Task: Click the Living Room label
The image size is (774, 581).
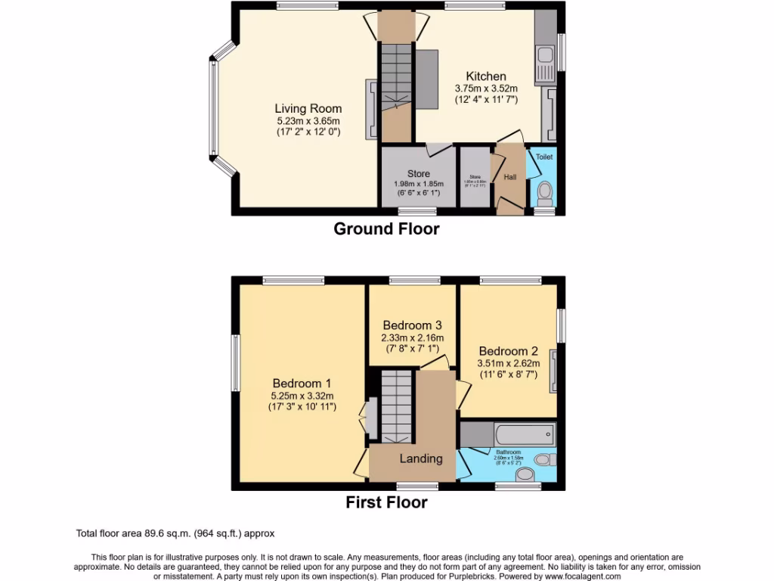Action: coord(308,109)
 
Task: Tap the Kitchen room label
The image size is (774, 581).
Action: coord(485,76)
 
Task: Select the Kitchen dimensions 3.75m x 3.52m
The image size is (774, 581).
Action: coord(486,88)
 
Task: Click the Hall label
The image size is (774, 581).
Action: coord(510,177)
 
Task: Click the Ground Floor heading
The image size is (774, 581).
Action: coord(386,228)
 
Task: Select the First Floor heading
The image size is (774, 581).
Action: coord(386,502)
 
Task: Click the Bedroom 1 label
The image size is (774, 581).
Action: coord(302,384)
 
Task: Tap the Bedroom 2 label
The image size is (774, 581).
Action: coord(508,351)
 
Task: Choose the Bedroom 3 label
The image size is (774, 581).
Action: coord(412,326)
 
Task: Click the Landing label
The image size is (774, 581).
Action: coord(420,458)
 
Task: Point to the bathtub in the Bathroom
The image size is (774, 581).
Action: coord(525,435)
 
